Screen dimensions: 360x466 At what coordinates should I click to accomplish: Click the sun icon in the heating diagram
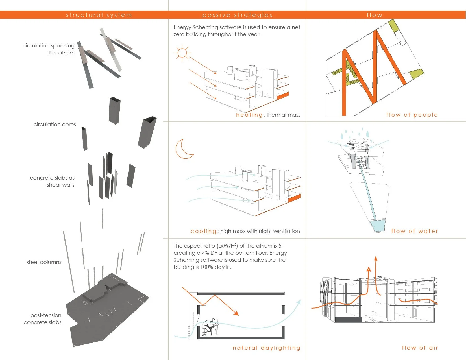[x=182, y=53]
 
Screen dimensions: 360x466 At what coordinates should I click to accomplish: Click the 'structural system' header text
[x=99, y=15]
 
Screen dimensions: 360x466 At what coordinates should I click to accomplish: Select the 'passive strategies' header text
[x=237, y=15]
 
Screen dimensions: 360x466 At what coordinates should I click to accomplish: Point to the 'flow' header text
[x=374, y=15]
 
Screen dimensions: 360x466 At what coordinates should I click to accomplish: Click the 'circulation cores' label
[x=55, y=124]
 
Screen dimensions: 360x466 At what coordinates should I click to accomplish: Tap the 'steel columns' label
[x=44, y=262]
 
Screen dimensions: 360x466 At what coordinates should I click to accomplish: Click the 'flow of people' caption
[x=412, y=115]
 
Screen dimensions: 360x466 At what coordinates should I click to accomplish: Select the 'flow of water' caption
[x=414, y=231]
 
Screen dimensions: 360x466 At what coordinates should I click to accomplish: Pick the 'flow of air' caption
[x=420, y=348]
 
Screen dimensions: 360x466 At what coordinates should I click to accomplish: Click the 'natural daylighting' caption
[x=266, y=348]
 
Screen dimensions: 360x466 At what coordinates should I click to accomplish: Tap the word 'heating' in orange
[x=249, y=115]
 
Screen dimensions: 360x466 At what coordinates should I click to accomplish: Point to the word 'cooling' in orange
[x=203, y=231]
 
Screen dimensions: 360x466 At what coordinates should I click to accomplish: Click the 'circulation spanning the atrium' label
[x=49, y=49]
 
